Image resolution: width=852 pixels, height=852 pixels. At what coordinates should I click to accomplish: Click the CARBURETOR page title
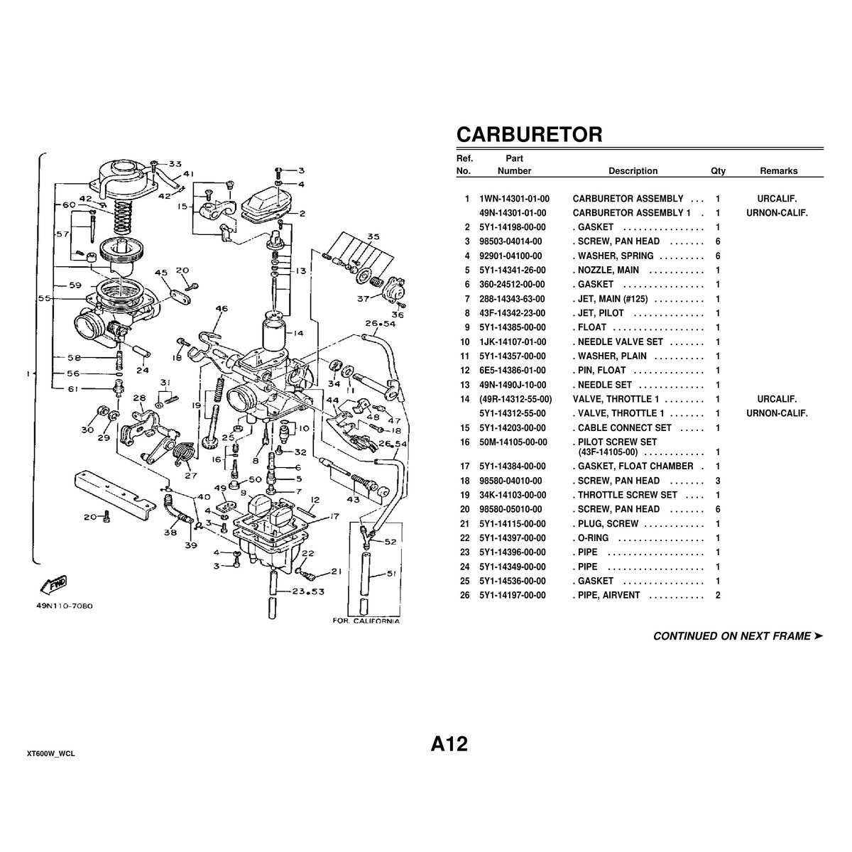point(529,134)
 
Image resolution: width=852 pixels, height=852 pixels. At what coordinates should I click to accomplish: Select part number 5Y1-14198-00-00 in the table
point(513,227)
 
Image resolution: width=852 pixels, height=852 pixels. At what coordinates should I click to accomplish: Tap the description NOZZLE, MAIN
point(608,270)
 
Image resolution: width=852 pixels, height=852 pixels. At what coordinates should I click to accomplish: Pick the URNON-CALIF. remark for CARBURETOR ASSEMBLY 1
point(777,213)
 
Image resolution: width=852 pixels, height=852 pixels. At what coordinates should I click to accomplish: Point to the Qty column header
point(718,171)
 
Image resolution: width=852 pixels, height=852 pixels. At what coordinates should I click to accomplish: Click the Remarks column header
point(779,171)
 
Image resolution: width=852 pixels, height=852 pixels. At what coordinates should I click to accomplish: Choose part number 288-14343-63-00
point(512,299)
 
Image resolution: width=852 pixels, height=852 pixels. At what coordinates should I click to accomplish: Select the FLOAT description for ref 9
point(592,327)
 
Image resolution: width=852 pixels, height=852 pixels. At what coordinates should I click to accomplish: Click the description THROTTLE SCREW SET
point(628,495)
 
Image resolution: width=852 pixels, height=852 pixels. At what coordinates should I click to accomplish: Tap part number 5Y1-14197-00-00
point(513,596)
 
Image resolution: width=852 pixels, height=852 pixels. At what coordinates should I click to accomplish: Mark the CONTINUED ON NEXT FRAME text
point(738,636)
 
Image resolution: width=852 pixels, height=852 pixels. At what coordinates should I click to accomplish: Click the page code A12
point(449,744)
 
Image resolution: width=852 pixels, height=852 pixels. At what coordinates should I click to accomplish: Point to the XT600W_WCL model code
point(51,754)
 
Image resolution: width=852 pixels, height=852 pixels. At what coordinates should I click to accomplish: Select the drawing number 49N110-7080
point(65,606)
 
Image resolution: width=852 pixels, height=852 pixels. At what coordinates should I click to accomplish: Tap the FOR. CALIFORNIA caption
point(366,621)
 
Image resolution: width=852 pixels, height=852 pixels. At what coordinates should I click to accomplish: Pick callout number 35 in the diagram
point(373,236)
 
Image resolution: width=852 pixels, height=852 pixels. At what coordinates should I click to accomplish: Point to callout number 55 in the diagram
point(44,298)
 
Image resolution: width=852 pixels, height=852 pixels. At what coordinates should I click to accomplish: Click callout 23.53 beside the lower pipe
point(308,591)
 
